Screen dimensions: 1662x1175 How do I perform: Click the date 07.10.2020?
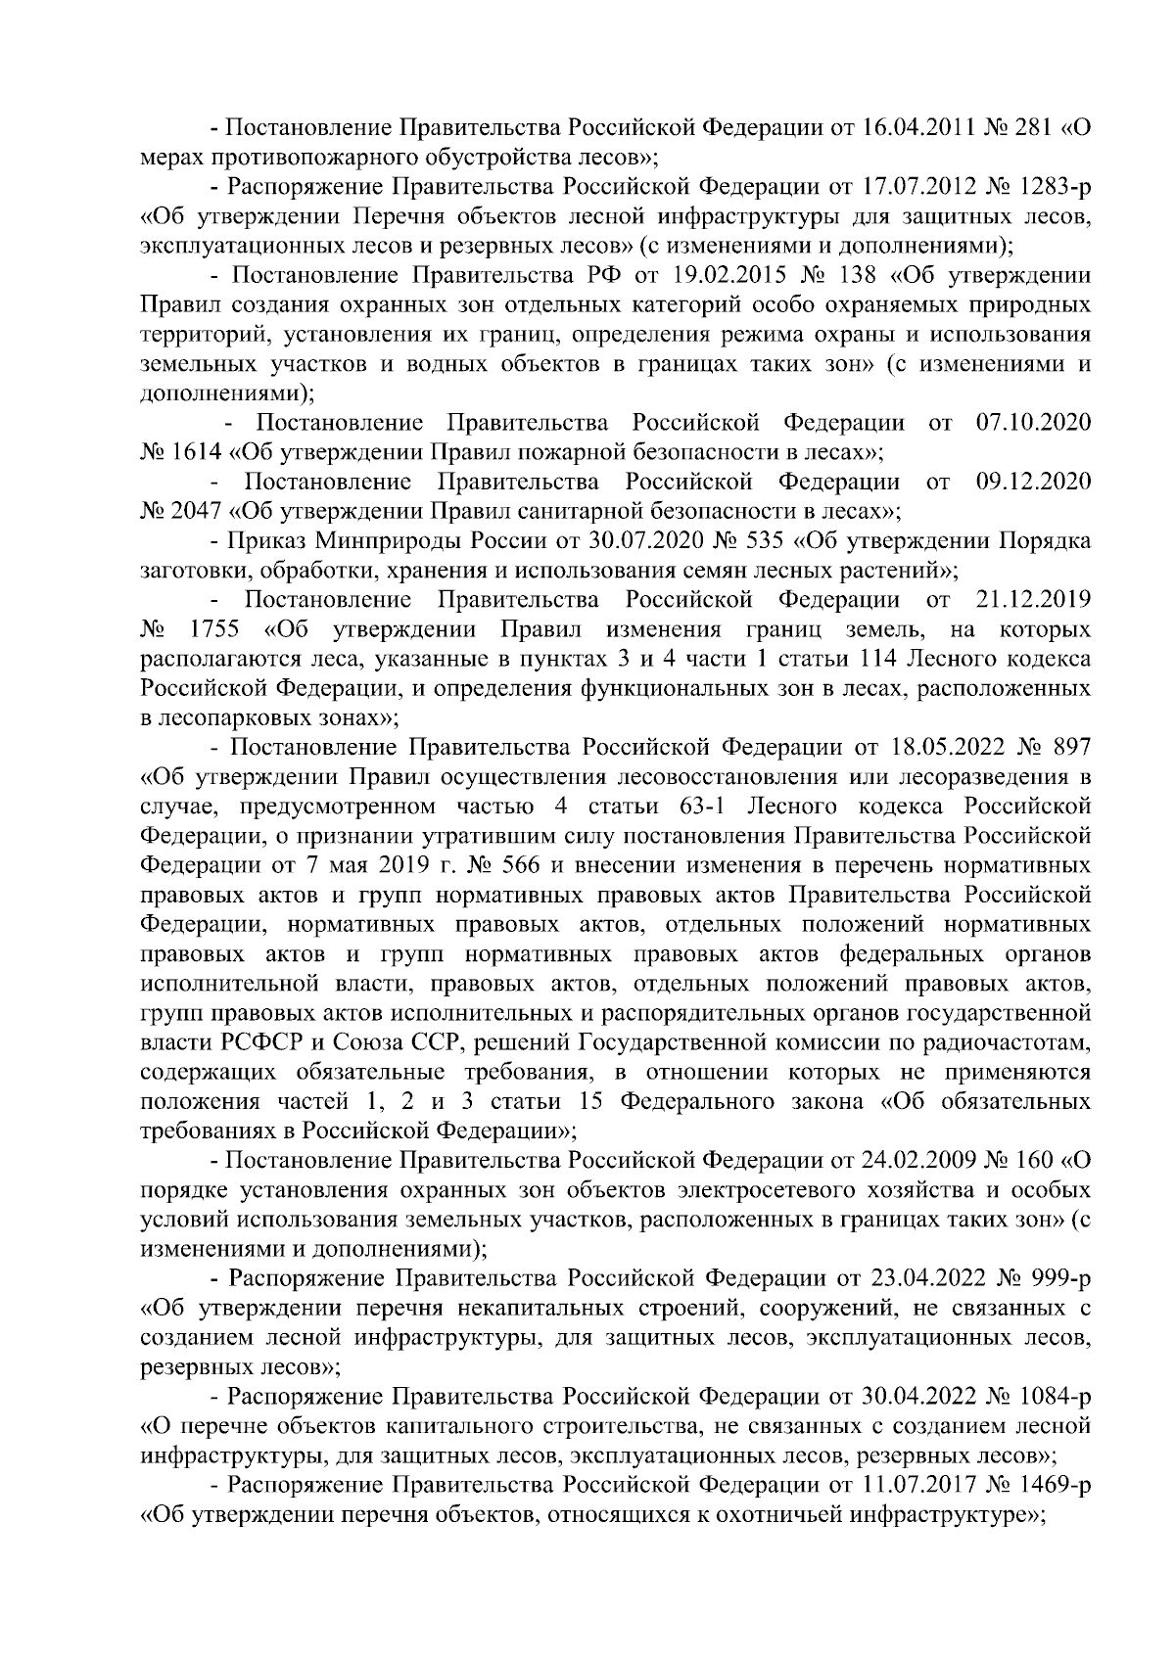pyautogui.click(x=1034, y=423)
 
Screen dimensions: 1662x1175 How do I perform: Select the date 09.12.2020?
pyautogui.click(x=1034, y=482)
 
